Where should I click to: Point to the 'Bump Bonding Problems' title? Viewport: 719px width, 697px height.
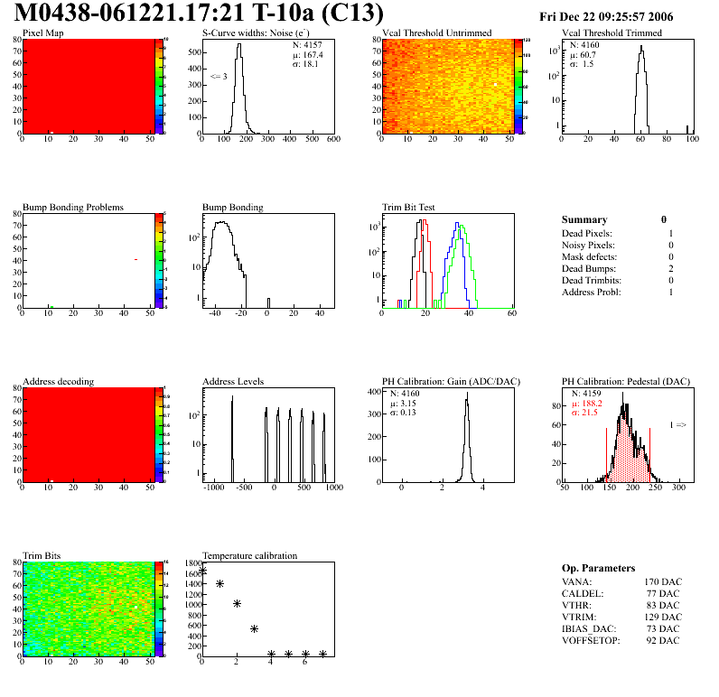click(x=73, y=207)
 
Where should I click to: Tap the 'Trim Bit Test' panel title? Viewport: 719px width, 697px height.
click(x=409, y=207)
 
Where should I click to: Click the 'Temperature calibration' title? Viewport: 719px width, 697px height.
click(x=249, y=555)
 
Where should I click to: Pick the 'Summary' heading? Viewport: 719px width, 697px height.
click(x=584, y=219)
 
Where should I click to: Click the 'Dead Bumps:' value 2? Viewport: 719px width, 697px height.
click(x=671, y=268)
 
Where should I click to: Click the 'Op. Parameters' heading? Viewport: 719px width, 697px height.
click(x=597, y=567)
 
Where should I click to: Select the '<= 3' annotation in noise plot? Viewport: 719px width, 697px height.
click(x=219, y=77)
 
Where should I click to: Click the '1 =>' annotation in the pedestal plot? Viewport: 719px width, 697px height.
click(x=677, y=423)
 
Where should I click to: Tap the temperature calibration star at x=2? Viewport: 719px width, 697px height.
click(x=237, y=604)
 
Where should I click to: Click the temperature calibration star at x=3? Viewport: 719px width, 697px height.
click(x=254, y=628)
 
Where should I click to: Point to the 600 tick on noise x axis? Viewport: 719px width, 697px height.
click(x=332, y=140)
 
